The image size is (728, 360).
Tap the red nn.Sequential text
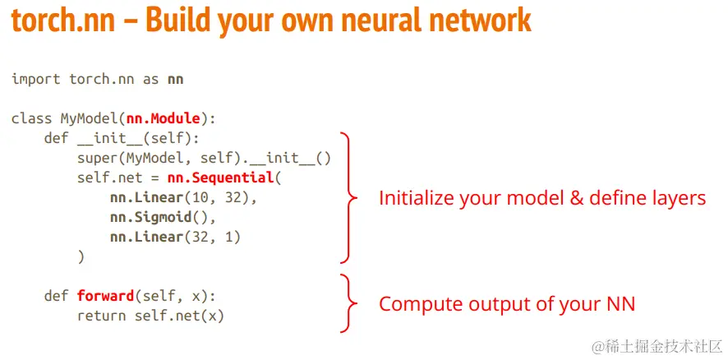[x=220, y=178]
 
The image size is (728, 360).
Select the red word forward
[x=105, y=296]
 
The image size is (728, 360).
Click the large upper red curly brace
[x=349, y=197]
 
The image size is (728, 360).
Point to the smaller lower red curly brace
[x=349, y=303]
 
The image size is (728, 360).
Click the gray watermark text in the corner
[x=657, y=346]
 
